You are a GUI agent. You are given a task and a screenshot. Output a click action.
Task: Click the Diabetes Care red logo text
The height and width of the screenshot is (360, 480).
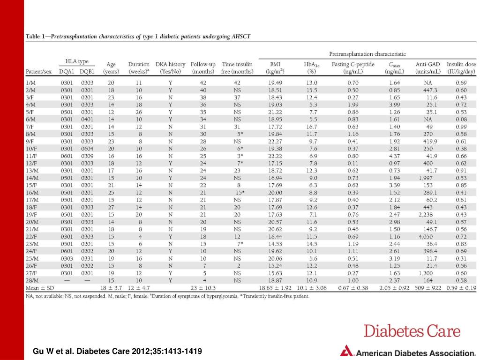pos(412,331)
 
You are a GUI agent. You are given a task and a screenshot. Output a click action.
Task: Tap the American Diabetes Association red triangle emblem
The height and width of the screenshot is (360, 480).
pos(346,351)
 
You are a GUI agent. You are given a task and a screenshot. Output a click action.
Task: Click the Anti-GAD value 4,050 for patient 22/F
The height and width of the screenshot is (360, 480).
pos(426,237)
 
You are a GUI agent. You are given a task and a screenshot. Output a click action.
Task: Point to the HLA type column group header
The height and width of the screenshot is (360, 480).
pos(77,61)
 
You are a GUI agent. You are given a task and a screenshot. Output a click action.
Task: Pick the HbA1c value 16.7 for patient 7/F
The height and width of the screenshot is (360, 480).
pos(312,127)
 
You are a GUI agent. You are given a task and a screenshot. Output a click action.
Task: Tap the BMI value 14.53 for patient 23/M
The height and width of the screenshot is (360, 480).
pos(275,244)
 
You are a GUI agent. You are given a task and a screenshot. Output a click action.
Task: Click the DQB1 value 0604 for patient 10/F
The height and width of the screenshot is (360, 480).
pos(87,149)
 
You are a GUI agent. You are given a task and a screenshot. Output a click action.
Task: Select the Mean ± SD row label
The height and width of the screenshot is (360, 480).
pos(40,288)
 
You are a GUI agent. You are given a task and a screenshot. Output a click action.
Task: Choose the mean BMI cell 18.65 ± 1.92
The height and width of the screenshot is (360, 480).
pos(275,288)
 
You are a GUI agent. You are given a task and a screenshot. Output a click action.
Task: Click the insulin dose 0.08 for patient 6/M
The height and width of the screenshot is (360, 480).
pos(461,120)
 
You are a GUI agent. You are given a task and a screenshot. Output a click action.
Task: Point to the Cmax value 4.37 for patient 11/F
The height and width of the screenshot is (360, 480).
pos(394,156)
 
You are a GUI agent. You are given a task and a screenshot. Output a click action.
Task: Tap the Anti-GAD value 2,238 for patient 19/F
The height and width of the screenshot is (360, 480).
pos(426,215)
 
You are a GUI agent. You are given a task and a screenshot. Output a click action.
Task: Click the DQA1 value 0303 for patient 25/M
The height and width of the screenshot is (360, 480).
pos(67,259)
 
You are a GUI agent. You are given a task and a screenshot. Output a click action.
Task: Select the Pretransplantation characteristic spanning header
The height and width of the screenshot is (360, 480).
pos(367,54)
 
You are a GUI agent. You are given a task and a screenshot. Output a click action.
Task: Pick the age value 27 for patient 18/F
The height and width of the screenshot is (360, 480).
pos(111,207)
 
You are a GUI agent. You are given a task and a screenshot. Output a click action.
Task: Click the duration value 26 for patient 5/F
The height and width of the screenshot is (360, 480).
pos(139,112)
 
